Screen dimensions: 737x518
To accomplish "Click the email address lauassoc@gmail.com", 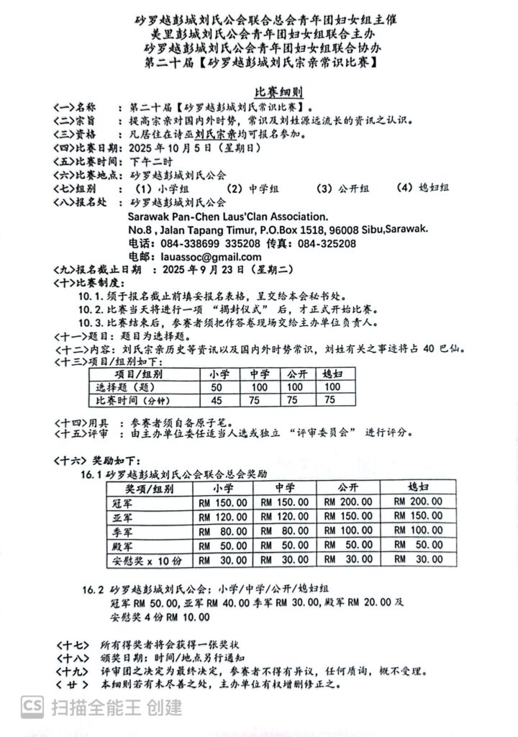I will coord(191,256).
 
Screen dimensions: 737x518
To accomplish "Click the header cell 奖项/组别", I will coord(137,487).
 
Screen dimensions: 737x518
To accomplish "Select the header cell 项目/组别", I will coord(139,374).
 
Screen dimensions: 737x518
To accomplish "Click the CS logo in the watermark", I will coord(32,707).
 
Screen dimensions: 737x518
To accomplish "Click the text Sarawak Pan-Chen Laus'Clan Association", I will coord(227,216).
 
